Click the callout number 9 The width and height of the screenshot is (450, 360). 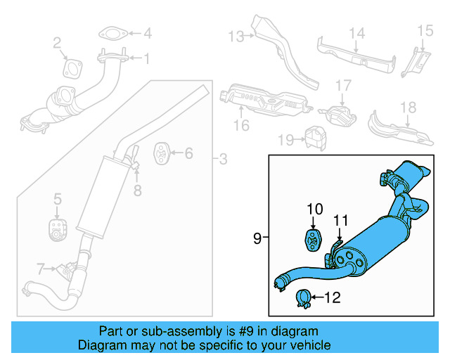(x=257, y=239)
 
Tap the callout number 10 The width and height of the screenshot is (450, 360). (x=314, y=209)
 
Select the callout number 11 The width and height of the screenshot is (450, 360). (x=341, y=220)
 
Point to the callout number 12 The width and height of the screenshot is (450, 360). (x=331, y=298)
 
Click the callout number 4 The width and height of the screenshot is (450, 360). (x=147, y=33)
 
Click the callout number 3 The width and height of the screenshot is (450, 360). (x=223, y=160)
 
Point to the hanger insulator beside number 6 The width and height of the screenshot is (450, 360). (x=160, y=153)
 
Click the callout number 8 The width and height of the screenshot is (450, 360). (x=138, y=190)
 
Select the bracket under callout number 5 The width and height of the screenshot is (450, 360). (x=56, y=229)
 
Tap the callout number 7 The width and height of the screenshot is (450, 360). (x=41, y=268)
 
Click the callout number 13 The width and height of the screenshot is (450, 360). (x=234, y=36)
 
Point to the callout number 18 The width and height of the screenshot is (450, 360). (x=409, y=108)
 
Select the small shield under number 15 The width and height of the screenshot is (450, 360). (x=416, y=63)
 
